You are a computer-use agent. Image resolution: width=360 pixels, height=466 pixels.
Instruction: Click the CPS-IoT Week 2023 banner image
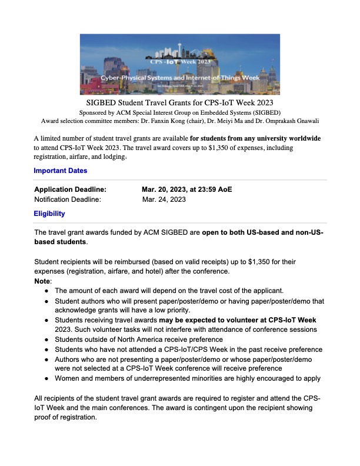click(x=180, y=64)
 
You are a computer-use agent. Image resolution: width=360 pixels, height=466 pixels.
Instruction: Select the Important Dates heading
click(x=61, y=171)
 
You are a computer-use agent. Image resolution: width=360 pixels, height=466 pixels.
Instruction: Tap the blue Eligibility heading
click(x=49, y=214)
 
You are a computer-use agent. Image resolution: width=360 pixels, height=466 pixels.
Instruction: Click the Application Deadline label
click(x=71, y=189)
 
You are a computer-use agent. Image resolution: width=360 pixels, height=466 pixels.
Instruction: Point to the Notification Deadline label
click(x=68, y=199)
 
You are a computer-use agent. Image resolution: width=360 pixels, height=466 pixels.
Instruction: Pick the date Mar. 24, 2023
click(x=164, y=199)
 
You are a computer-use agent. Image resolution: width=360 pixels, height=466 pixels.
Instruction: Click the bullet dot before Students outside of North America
click(x=46, y=339)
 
